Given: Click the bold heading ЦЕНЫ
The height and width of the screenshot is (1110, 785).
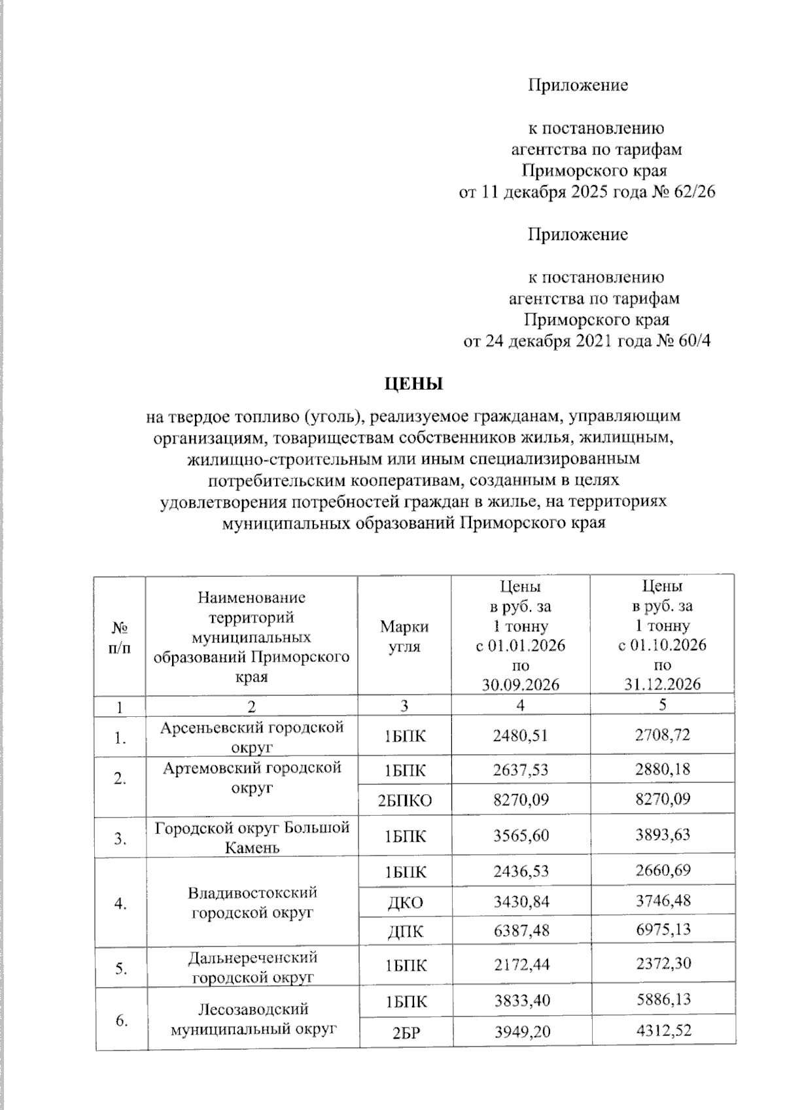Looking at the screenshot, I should [413, 384].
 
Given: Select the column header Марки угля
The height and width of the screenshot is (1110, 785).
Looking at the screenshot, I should [404, 636].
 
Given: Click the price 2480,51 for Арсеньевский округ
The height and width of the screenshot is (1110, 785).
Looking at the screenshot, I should [520, 736].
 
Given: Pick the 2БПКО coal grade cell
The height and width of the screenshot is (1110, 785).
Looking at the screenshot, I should [405, 800].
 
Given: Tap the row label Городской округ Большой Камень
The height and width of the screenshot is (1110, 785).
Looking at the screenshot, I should [252, 837].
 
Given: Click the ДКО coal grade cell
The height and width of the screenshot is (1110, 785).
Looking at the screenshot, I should [405, 903].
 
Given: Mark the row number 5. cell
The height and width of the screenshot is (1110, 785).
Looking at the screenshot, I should [120, 968].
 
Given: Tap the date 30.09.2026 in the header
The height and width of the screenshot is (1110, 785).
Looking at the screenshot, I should [520, 684].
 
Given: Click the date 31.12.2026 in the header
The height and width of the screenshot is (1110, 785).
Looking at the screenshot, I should [662, 684].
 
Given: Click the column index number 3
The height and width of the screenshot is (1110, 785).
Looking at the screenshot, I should [404, 706].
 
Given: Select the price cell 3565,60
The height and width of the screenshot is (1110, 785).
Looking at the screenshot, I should [520, 835].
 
